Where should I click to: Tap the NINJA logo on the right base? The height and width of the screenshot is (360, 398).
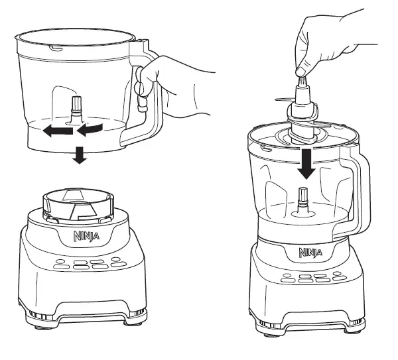[x=310, y=252]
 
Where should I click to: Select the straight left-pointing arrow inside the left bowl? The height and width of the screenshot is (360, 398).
[x=57, y=132]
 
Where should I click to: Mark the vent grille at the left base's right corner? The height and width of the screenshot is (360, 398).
[x=136, y=312]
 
